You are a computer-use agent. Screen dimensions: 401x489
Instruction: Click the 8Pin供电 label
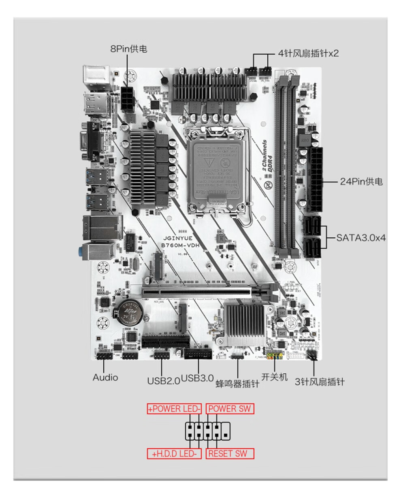(x=128, y=49)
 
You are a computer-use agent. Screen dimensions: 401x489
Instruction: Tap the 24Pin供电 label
(x=361, y=182)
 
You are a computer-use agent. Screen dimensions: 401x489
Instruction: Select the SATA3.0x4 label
(x=360, y=237)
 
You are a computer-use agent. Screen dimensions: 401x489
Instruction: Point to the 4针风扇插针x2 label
(x=308, y=53)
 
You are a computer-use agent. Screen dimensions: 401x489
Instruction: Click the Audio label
(x=105, y=377)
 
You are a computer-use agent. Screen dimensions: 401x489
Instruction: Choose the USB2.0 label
(x=163, y=381)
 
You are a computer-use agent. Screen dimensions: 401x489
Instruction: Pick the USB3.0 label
(x=197, y=378)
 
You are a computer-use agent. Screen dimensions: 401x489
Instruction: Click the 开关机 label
(x=274, y=377)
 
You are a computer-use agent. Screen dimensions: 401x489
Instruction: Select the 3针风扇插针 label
(x=319, y=382)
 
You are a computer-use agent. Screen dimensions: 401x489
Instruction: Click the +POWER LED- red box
(x=174, y=409)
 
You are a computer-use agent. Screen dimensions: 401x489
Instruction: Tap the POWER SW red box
(x=230, y=409)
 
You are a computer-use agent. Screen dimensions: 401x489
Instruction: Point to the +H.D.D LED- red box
(x=174, y=454)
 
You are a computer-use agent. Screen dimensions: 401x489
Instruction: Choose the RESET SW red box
(x=230, y=453)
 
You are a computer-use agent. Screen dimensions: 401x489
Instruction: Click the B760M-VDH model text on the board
(x=179, y=246)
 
